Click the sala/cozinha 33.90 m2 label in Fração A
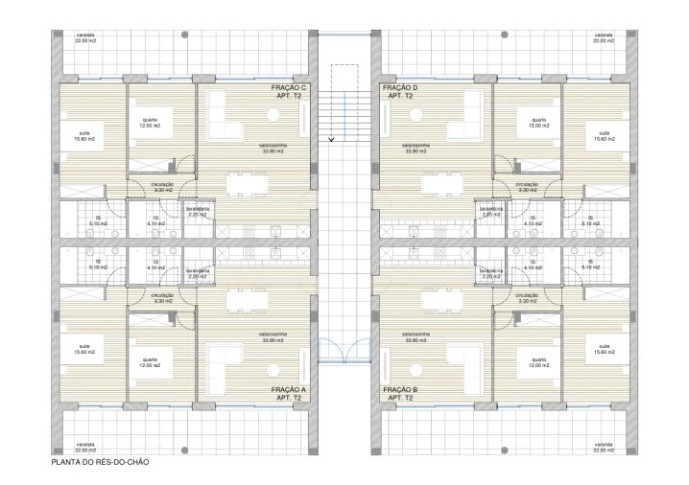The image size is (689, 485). pyautogui.click(x=274, y=336)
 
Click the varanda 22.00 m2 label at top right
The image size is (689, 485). pyautogui.click(x=603, y=39)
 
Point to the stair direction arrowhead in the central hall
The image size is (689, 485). pyautogui.click(x=331, y=140)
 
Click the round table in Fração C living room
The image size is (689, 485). pyautogui.click(x=273, y=114)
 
